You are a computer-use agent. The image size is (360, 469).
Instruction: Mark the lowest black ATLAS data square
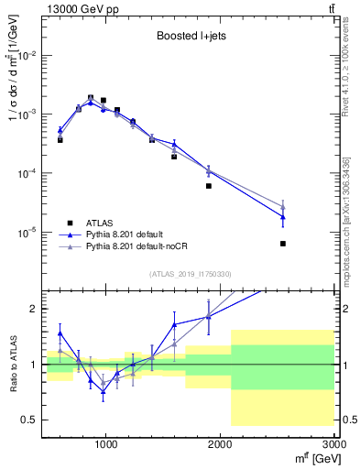coord(283,244)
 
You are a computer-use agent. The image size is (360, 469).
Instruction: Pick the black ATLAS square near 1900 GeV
coord(209,186)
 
